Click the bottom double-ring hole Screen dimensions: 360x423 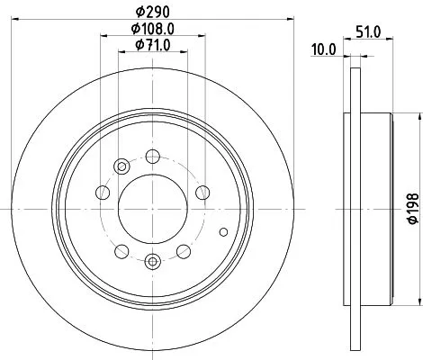pos(151,260)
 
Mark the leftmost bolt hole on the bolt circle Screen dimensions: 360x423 pos(103,193)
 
